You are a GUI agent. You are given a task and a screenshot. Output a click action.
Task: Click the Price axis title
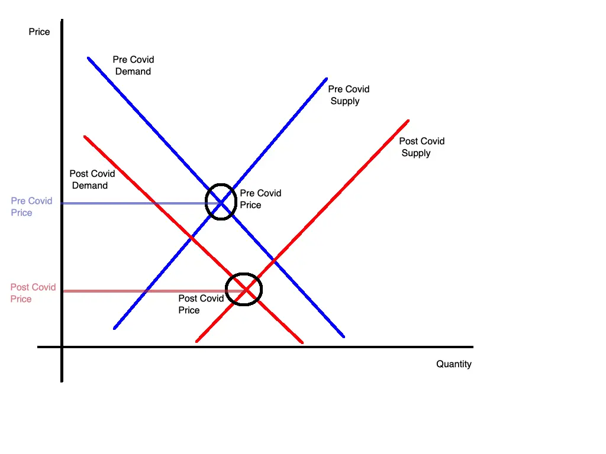(x=39, y=32)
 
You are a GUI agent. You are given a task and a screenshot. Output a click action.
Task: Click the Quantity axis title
(x=454, y=364)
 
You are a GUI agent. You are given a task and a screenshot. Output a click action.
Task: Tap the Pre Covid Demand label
(x=133, y=66)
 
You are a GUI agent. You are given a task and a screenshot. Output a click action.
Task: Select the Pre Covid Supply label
(x=349, y=95)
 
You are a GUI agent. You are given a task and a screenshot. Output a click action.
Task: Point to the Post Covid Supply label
(x=421, y=147)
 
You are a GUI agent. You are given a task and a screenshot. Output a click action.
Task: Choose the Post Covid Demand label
(x=92, y=180)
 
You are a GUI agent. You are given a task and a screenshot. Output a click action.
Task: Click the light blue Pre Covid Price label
(x=31, y=207)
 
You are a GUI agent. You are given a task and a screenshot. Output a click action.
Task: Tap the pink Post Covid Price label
(x=33, y=293)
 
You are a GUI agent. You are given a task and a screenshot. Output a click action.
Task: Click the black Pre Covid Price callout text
(x=260, y=199)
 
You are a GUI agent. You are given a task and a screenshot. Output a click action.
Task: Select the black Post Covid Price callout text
(x=201, y=304)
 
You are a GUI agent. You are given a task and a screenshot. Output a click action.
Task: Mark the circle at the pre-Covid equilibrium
(x=221, y=202)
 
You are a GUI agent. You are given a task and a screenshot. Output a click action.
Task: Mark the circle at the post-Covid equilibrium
(x=244, y=289)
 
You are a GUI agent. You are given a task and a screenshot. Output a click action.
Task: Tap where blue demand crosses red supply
(x=274, y=260)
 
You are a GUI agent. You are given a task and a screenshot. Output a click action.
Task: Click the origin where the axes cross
(x=62, y=347)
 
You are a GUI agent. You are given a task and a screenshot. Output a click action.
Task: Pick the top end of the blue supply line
(x=326, y=78)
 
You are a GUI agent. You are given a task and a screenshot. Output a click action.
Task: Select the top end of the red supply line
(x=408, y=121)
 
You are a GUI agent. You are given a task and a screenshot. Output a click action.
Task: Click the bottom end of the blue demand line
(x=344, y=337)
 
